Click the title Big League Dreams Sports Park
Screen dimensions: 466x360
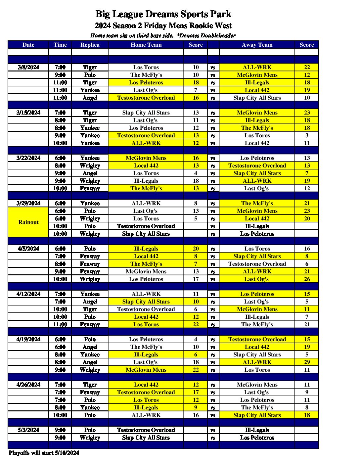click(x=163, y=14)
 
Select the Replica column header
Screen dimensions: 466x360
click(x=90, y=45)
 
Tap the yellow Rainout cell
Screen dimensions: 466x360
click(x=28, y=222)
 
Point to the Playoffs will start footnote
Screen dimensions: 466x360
click(x=44, y=453)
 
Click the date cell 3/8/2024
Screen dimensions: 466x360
click(x=28, y=67)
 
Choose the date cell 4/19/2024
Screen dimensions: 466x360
click(x=28, y=339)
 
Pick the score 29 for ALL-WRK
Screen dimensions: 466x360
click(x=307, y=362)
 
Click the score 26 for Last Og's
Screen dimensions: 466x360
click(x=307, y=279)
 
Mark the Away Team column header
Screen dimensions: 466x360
click(x=257, y=45)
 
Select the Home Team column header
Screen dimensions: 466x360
click(x=146, y=45)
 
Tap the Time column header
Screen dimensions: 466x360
click(x=60, y=45)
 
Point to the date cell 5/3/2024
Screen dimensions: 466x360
click(x=28, y=430)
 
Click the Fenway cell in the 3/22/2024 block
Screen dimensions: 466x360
click(x=90, y=188)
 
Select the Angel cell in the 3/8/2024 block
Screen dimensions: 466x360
click(x=90, y=98)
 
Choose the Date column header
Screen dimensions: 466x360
click(x=28, y=45)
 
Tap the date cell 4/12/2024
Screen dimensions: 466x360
click(x=28, y=294)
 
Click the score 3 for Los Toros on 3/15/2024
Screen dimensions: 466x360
click(x=307, y=135)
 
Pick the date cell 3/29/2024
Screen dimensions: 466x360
click(x=28, y=203)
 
